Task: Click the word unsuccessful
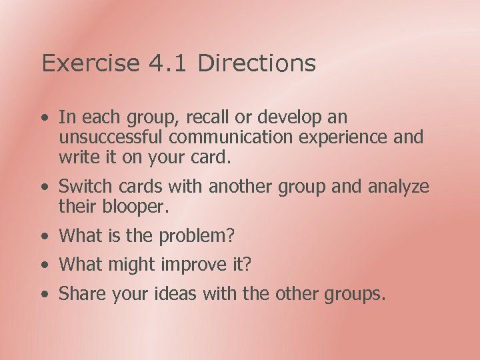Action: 111,138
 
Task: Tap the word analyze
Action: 399,187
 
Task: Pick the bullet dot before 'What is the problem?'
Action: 44,237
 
